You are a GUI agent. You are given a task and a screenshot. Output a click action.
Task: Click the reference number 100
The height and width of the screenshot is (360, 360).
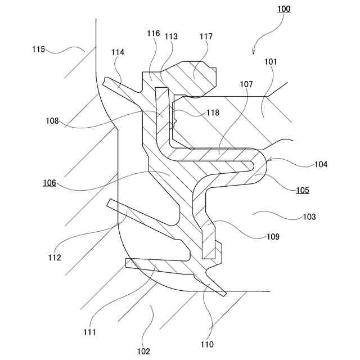click(284, 10)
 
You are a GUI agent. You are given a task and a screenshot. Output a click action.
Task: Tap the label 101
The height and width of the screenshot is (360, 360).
click(270, 61)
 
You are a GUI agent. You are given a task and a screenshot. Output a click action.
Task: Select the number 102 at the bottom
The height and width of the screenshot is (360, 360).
click(143, 352)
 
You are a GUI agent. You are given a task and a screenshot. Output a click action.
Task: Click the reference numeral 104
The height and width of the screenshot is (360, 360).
click(322, 165)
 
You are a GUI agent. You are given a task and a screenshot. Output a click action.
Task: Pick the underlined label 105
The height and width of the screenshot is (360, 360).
click(303, 190)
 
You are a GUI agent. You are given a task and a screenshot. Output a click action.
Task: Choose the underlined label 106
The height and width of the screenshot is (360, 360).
click(48, 183)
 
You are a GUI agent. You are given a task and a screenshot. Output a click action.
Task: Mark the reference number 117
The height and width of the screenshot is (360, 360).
click(213, 112)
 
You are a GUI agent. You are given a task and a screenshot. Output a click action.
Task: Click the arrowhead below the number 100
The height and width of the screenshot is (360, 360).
click(253, 52)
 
